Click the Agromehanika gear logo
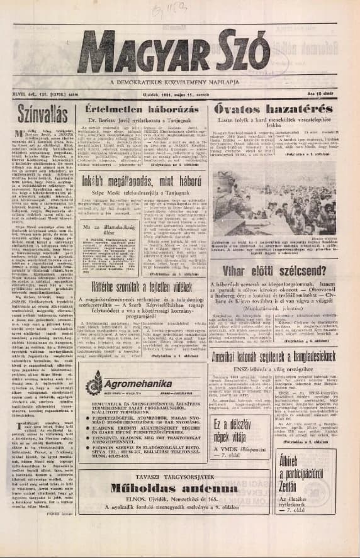click(94, 382)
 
